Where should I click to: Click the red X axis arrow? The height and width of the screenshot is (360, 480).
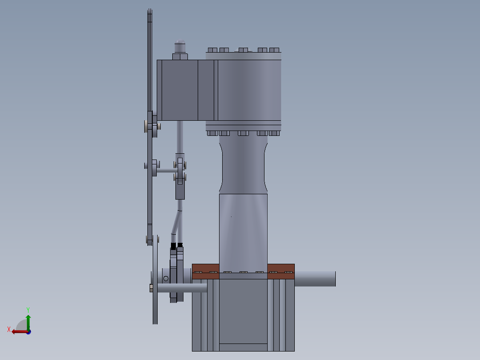18,331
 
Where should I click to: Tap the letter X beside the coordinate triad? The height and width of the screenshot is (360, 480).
9,329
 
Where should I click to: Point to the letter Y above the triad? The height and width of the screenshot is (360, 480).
28,309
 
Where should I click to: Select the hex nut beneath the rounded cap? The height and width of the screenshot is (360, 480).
180,56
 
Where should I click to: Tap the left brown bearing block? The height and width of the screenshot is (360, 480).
205,271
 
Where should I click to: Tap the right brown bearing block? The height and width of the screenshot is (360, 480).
281,271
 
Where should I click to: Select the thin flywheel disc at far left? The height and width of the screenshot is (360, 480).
155,285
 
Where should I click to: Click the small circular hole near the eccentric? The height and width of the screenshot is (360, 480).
166,278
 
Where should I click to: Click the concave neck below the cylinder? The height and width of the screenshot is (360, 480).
243,165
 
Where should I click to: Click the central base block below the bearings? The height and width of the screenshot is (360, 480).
243,312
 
